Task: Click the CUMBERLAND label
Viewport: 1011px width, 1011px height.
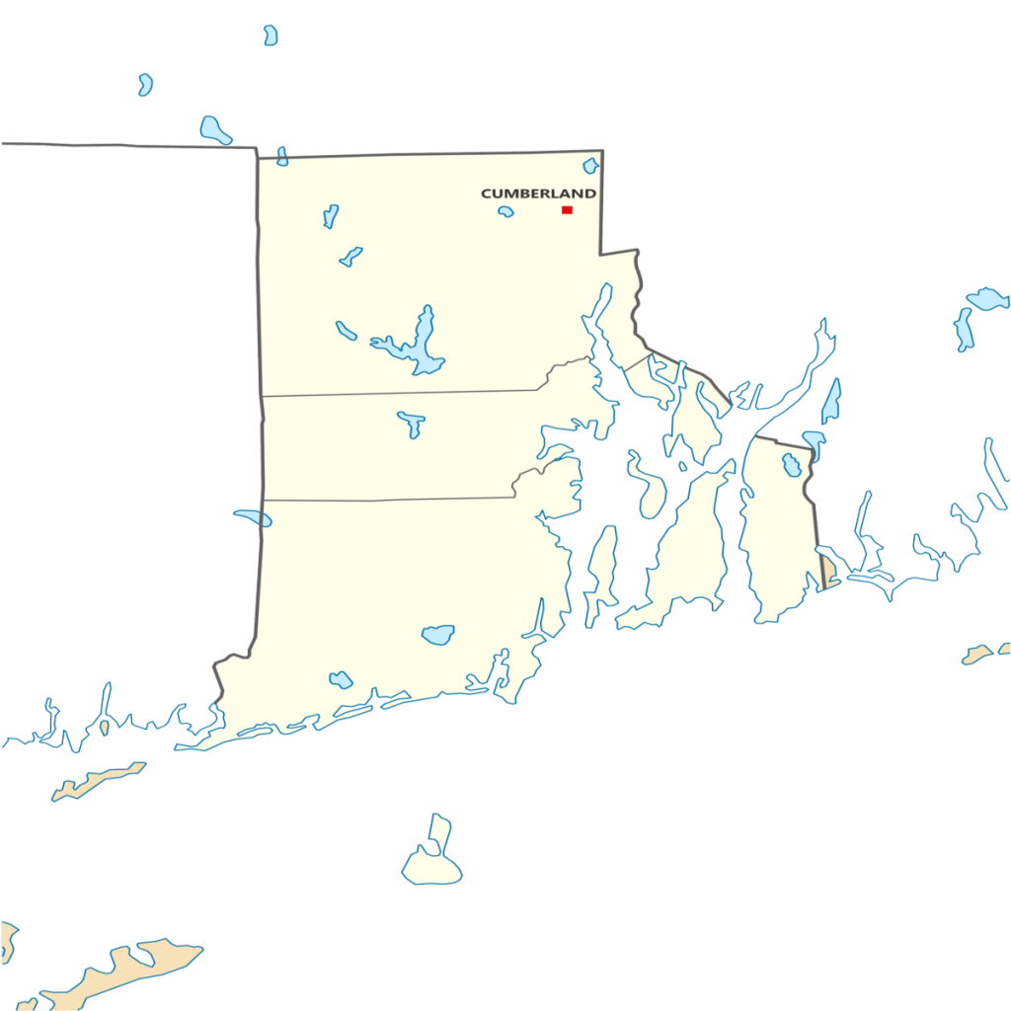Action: pos(538,194)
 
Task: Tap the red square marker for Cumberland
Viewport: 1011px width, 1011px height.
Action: pos(567,209)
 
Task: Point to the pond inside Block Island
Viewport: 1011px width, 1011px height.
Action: pos(430,849)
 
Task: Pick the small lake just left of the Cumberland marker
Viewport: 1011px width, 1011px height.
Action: pos(505,211)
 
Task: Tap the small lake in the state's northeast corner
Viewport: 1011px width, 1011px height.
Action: pos(590,165)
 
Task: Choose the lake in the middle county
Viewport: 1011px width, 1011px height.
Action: pos(412,423)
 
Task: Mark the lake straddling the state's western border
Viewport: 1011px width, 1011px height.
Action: pos(254,516)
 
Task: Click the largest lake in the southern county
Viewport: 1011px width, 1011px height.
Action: pos(437,634)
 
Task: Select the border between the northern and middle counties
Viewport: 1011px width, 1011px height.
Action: pos(395,393)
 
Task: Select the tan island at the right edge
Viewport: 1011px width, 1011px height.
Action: pos(981,654)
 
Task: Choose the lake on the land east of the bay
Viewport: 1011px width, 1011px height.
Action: pos(791,463)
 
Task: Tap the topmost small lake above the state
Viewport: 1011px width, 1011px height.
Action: pos(270,35)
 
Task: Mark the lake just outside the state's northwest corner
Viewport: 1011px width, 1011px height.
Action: pos(214,128)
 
